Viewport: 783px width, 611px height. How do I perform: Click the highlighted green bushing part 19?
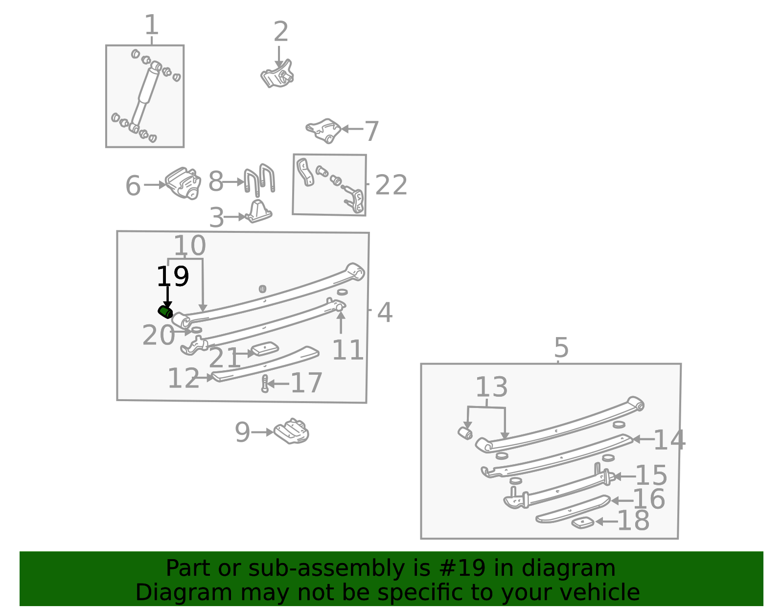pos(165,312)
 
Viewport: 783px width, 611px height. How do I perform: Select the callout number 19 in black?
pos(173,276)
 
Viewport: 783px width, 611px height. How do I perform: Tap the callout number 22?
pos(391,185)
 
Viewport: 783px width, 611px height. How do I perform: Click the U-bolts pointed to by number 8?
pos(259,180)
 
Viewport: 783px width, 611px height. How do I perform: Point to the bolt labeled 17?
pos(265,384)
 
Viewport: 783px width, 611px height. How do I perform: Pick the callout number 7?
pos(372,132)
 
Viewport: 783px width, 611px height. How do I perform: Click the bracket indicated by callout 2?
pos(277,74)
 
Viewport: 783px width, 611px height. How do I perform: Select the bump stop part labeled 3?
pos(258,211)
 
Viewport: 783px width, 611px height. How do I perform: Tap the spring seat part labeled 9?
pos(292,431)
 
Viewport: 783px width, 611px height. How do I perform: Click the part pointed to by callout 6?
pos(183,183)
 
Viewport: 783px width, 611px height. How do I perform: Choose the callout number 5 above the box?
pos(561,348)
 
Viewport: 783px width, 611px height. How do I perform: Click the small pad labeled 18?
pos(583,523)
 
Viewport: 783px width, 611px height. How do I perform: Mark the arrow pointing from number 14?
pos(644,439)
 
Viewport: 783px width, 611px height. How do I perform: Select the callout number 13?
pos(491,387)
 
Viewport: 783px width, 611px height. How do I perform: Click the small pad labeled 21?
pos(265,349)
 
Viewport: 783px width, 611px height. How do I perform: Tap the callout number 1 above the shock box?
pos(151,24)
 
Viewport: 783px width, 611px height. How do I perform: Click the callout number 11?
pos(347,350)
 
